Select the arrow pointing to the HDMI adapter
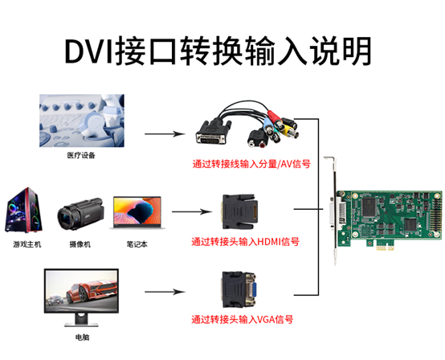pos(191,213)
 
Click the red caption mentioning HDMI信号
pos(245,241)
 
